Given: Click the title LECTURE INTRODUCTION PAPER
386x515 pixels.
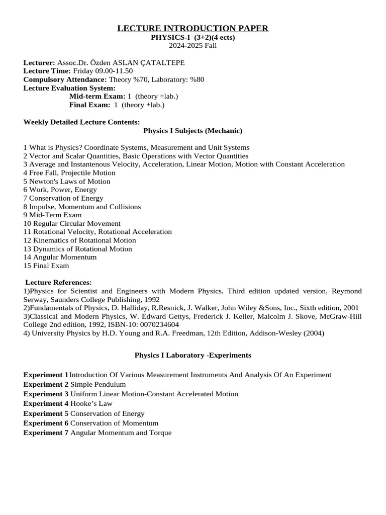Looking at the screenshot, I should [193, 28].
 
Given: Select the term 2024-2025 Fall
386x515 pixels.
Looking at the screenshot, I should [193, 45].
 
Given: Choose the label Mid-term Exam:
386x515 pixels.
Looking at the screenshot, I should [97, 96].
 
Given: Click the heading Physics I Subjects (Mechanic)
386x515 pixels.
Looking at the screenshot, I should [193, 131].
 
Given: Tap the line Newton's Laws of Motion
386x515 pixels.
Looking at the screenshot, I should [69, 181].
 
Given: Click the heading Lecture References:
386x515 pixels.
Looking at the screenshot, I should [58, 282].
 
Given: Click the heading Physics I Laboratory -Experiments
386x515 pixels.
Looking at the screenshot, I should [193, 355].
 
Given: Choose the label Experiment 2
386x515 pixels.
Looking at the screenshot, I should [46, 384].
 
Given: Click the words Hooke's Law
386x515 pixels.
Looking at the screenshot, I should [91, 403].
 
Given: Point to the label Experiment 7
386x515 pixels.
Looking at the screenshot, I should [46, 433].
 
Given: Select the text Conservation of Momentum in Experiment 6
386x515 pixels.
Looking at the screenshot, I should [114, 423].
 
